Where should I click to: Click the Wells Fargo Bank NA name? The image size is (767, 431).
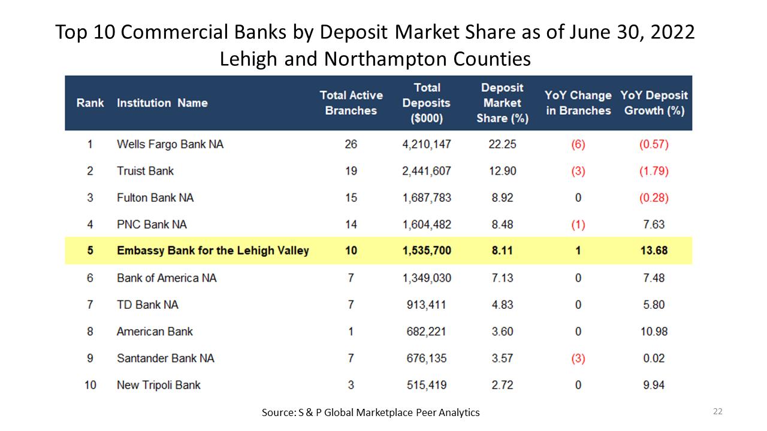tap(170, 144)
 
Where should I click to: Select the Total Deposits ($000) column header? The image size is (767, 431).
tap(426, 103)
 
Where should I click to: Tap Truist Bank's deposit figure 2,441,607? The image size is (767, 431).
tap(426, 171)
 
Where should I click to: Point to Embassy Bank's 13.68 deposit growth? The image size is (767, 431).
tap(654, 250)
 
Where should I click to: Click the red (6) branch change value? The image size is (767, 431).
tap(578, 144)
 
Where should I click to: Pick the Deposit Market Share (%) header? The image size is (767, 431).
tap(502, 103)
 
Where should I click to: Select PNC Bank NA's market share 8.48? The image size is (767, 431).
tap(502, 224)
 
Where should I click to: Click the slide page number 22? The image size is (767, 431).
tap(718, 411)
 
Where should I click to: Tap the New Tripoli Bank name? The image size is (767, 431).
tap(159, 385)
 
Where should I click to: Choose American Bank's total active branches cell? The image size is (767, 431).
tap(351, 332)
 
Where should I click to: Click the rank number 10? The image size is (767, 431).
tap(90, 385)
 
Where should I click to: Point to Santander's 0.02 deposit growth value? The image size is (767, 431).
tap(654, 358)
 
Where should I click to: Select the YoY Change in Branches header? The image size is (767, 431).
tap(578, 103)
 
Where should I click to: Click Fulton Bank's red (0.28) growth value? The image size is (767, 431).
tap(654, 198)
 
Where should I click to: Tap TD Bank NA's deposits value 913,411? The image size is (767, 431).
tap(426, 305)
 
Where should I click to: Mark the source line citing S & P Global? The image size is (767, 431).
tap(370, 412)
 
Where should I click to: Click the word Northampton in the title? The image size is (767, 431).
tap(386, 59)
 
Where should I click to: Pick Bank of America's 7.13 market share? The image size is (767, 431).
tap(502, 278)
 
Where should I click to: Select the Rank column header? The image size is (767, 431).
tap(90, 103)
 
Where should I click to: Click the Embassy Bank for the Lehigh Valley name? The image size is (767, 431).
tap(213, 250)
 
